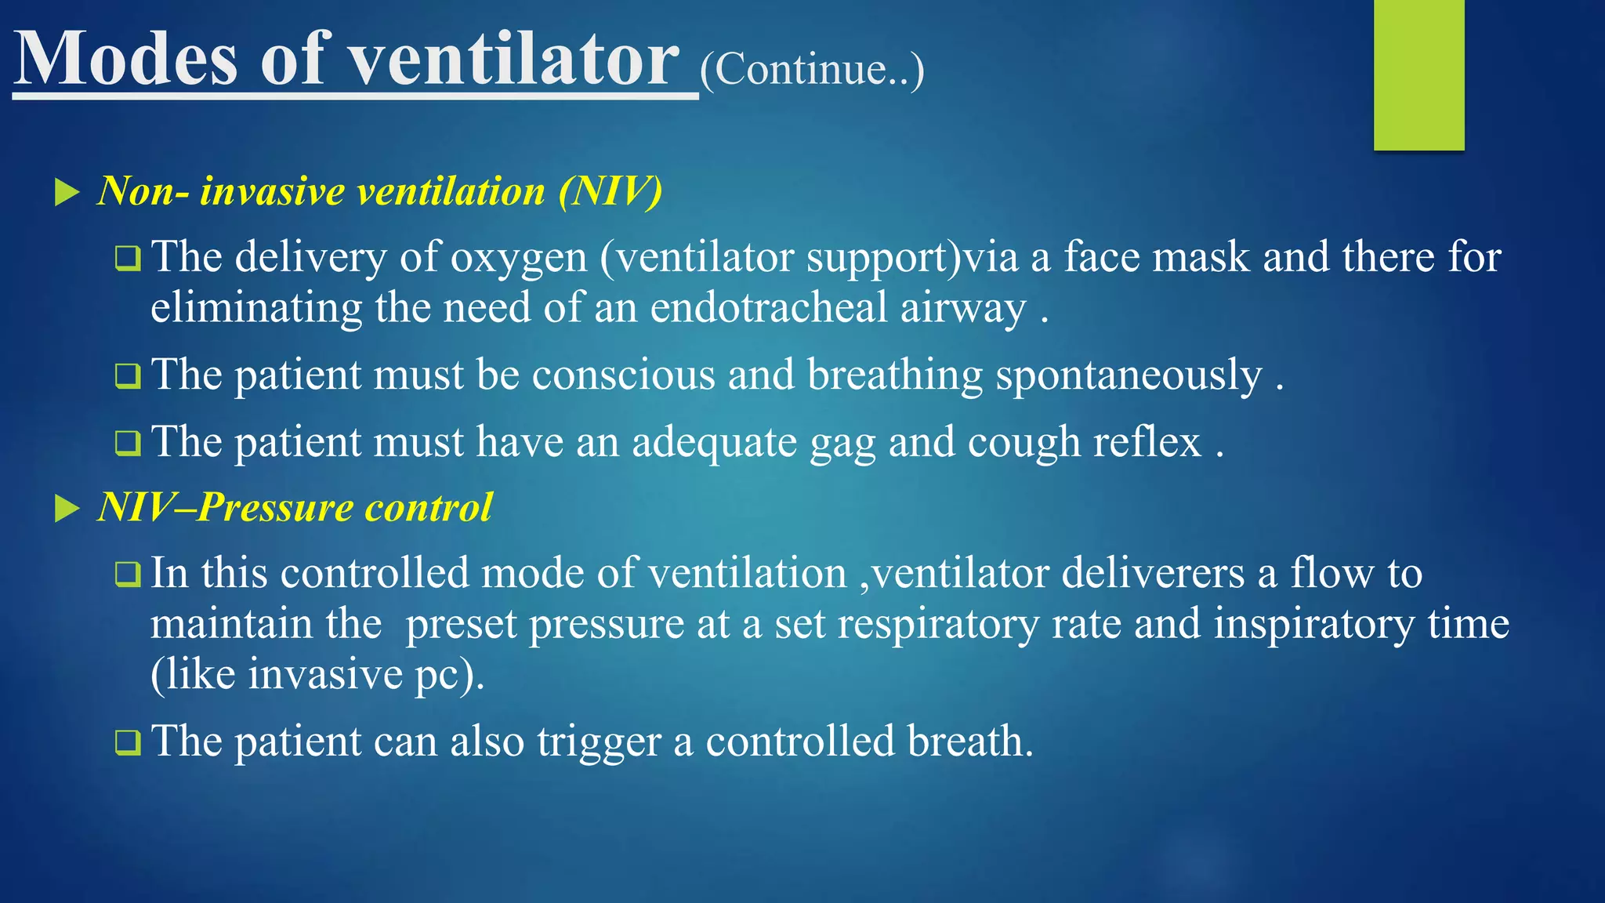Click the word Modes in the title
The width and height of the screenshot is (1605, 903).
click(125, 60)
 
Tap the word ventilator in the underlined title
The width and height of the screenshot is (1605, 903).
click(514, 60)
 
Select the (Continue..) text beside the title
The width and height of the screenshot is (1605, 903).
click(812, 71)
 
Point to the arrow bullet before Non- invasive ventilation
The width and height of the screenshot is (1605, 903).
click(67, 192)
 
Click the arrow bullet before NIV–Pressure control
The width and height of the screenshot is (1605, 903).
click(67, 509)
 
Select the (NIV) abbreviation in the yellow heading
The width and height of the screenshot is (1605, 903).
click(610, 191)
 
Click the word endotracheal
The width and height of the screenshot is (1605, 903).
click(769, 308)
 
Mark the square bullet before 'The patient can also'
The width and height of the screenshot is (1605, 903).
click(127, 742)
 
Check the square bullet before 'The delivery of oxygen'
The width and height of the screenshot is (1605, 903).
click(127, 258)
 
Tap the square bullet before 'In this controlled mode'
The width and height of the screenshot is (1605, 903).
click(127, 574)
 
